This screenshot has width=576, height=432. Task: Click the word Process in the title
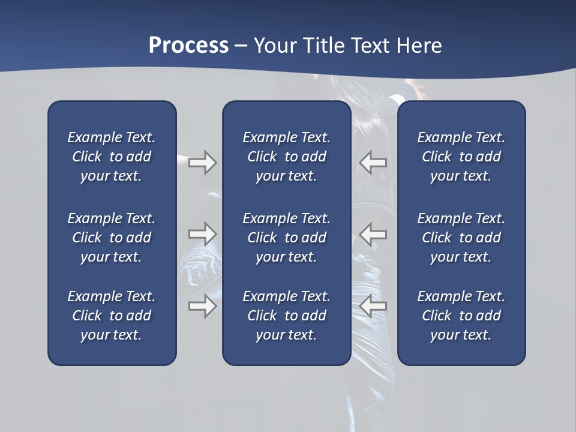(x=188, y=46)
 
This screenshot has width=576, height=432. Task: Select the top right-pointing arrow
(x=202, y=163)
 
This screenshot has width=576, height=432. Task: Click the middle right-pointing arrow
(x=202, y=233)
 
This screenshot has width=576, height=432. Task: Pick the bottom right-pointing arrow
(x=202, y=306)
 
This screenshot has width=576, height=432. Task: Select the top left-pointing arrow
(x=373, y=163)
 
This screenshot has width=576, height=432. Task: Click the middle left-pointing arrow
(x=373, y=233)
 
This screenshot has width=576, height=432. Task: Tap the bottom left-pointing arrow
(x=373, y=306)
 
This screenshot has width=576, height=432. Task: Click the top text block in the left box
(x=112, y=157)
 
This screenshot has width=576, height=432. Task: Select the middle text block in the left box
(x=112, y=238)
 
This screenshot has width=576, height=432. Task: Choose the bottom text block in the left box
(x=112, y=316)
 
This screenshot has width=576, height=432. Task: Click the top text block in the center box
(x=286, y=157)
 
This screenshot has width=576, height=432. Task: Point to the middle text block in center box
(x=286, y=238)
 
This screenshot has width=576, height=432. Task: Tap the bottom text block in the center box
(x=286, y=316)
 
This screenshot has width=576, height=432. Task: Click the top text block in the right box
(x=461, y=157)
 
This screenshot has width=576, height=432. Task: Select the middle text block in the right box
(x=461, y=238)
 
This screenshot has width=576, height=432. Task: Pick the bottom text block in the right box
(x=461, y=316)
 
